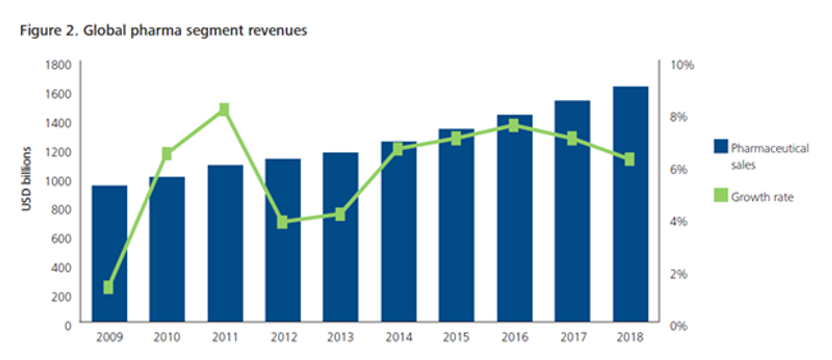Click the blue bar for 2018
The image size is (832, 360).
(x=630, y=205)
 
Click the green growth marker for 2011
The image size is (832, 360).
(x=224, y=109)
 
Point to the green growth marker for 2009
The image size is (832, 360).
(x=108, y=287)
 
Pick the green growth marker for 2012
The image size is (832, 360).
(x=282, y=222)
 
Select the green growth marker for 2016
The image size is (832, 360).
(x=514, y=126)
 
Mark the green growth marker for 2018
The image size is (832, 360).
(x=630, y=159)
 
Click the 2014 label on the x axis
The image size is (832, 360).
(x=399, y=337)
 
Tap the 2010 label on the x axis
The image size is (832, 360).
(x=166, y=337)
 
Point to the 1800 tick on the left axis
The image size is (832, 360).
(x=58, y=65)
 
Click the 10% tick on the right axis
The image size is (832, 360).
(x=682, y=65)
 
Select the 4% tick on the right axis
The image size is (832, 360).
(x=679, y=221)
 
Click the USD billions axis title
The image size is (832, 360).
(x=27, y=179)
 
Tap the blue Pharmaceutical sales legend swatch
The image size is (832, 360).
(x=721, y=146)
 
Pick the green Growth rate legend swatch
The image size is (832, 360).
(x=721, y=195)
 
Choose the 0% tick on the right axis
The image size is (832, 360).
(x=679, y=326)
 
